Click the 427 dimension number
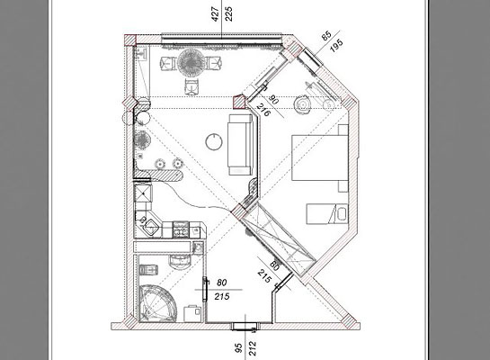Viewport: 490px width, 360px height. click(x=215, y=14)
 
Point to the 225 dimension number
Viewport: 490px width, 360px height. click(x=229, y=13)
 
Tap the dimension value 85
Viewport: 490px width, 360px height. click(x=326, y=36)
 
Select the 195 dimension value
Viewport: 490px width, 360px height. click(x=336, y=46)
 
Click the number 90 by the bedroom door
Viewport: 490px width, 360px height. click(x=273, y=100)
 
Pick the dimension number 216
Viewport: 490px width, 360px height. click(x=263, y=110)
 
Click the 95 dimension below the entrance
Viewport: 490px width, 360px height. click(x=238, y=348)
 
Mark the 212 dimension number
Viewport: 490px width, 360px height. click(x=253, y=348)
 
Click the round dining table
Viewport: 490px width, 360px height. click(x=191, y=63)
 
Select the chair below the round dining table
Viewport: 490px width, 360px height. click(x=192, y=86)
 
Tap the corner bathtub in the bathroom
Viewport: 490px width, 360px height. click(x=156, y=303)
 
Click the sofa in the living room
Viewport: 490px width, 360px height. click(x=240, y=144)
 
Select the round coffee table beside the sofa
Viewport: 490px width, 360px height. click(x=214, y=142)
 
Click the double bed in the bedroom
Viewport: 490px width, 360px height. click(x=320, y=157)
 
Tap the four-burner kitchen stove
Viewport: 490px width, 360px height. click(x=181, y=229)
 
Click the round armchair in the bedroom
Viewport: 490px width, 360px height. click(x=302, y=104)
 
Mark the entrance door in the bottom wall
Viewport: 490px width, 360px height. click(x=245, y=326)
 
